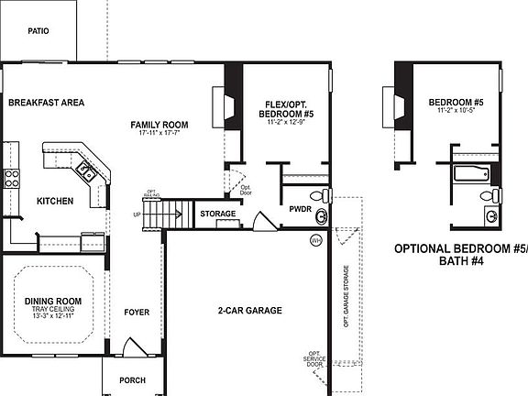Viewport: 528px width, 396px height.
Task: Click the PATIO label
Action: tap(38, 30)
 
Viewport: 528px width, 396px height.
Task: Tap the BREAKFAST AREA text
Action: tap(46, 103)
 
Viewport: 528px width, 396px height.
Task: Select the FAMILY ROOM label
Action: tap(159, 124)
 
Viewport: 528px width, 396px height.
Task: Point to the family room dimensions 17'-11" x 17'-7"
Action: tap(159, 133)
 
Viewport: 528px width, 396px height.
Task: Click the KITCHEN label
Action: tap(54, 201)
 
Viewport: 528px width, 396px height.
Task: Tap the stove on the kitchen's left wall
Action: tap(12, 178)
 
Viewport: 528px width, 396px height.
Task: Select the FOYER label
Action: tap(137, 313)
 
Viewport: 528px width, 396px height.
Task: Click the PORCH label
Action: tap(133, 380)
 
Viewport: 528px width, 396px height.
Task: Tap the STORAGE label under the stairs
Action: tap(218, 214)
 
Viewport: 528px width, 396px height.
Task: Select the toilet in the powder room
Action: tap(318, 195)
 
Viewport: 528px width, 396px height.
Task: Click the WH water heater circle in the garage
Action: tap(316, 240)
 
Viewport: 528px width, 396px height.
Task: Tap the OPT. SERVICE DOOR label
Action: tap(316, 358)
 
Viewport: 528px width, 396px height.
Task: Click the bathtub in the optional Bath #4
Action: tap(472, 171)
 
